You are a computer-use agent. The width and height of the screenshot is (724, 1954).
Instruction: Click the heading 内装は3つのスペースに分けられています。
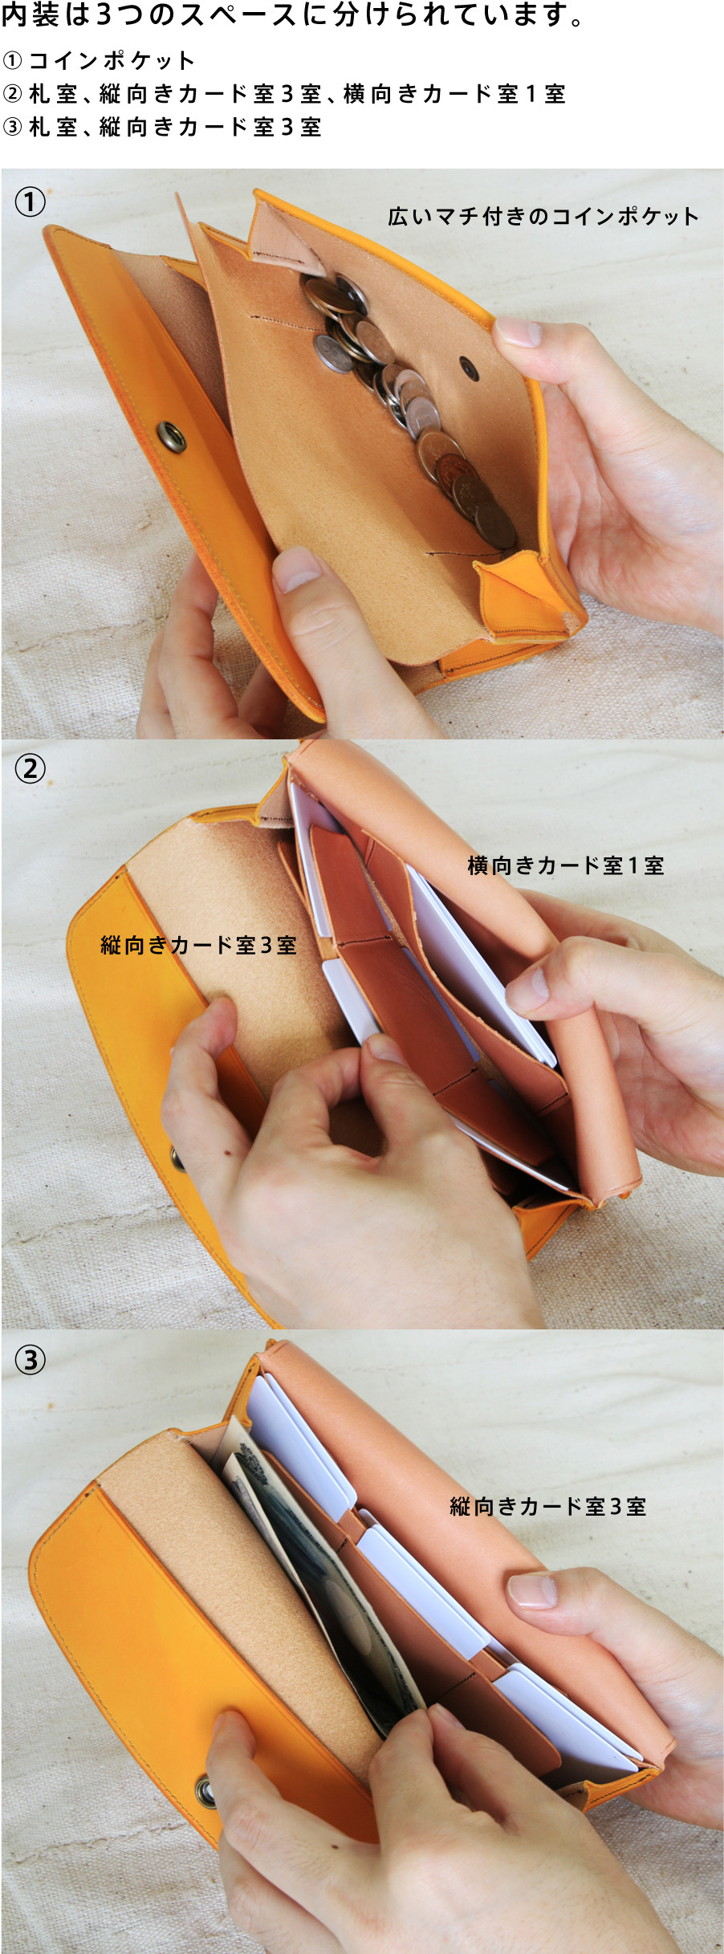[x=294, y=16]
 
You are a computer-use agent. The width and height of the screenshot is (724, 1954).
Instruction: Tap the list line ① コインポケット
[x=99, y=61]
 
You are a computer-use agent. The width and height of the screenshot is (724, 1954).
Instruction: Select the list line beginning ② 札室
[x=284, y=94]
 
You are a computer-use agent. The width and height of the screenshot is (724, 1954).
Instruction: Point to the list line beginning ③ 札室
[x=162, y=127]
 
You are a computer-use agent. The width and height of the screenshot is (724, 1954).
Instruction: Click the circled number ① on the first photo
[x=31, y=202]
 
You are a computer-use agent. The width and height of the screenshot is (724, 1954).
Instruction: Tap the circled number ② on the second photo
[x=31, y=768]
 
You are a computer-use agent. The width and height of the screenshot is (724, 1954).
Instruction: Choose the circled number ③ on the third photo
[x=31, y=1359]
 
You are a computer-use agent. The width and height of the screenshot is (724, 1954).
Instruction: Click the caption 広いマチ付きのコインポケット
[x=543, y=216]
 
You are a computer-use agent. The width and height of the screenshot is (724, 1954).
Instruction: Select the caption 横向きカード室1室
[x=566, y=865]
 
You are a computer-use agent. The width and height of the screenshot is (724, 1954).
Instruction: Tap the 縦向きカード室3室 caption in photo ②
[x=198, y=945]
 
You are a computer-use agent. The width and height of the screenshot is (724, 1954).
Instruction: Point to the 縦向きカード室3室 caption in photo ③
[x=548, y=1506]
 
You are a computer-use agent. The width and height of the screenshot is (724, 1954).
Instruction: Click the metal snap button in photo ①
[x=171, y=437]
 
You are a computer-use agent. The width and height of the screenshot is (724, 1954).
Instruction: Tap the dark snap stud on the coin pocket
[x=470, y=370]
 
